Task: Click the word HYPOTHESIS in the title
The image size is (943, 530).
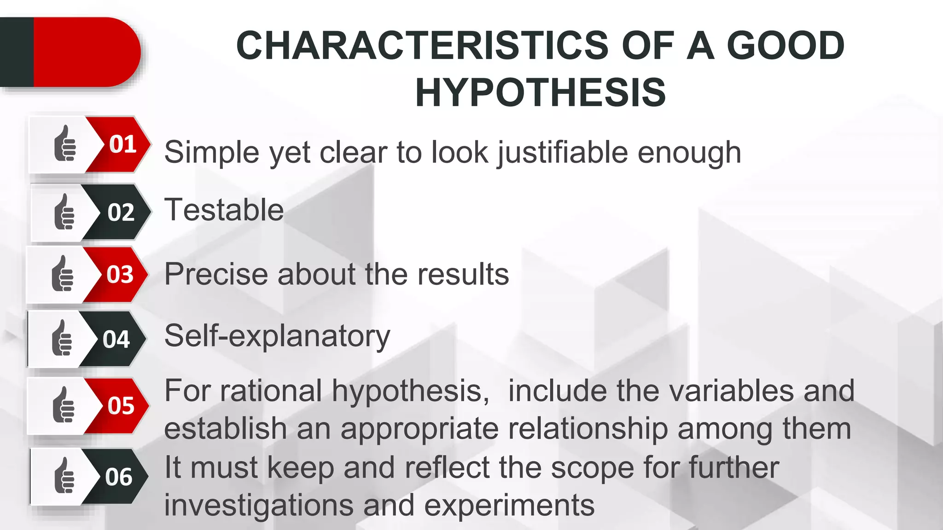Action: click(541, 92)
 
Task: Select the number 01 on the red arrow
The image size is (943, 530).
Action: click(122, 144)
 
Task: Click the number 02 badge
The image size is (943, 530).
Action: click(121, 213)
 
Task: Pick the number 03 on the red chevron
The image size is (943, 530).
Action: click(120, 275)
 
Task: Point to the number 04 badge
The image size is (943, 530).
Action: click(116, 340)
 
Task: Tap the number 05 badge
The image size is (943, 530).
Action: click(121, 406)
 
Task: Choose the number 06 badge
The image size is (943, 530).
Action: click(119, 477)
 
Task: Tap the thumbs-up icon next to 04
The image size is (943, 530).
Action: click(62, 338)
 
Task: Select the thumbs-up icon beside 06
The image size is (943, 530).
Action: click(64, 476)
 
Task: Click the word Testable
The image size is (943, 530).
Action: click(224, 210)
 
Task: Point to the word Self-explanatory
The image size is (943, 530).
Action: click(277, 336)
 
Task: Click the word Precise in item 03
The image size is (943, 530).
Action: click(215, 274)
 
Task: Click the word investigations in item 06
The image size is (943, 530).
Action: click(258, 505)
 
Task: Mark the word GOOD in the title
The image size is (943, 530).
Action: click(785, 46)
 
